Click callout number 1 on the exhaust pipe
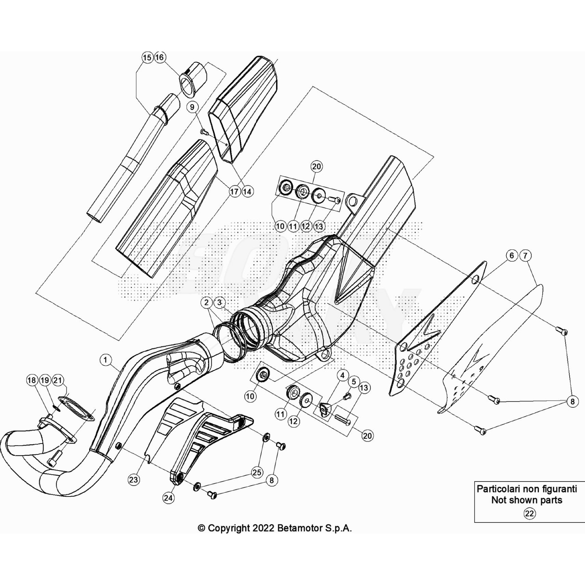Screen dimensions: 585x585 (106, 360)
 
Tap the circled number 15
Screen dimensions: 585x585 (147, 58)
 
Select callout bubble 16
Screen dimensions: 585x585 (160, 57)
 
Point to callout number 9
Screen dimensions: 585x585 (192, 107)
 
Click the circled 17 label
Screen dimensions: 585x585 (234, 191)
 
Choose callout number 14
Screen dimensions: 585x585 (248, 191)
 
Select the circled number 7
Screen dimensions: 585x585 (525, 256)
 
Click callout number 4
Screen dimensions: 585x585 (343, 375)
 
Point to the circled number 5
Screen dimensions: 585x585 (354, 382)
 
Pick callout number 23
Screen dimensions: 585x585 (134, 479)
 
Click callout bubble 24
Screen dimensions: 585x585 (169, 498)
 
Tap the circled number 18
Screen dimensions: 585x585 (32, 380)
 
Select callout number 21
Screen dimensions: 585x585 (58, 380)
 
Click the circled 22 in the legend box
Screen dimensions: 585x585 (529, 514)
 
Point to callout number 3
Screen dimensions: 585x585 (219, 302)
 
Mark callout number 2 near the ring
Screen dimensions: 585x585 (207, 302)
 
